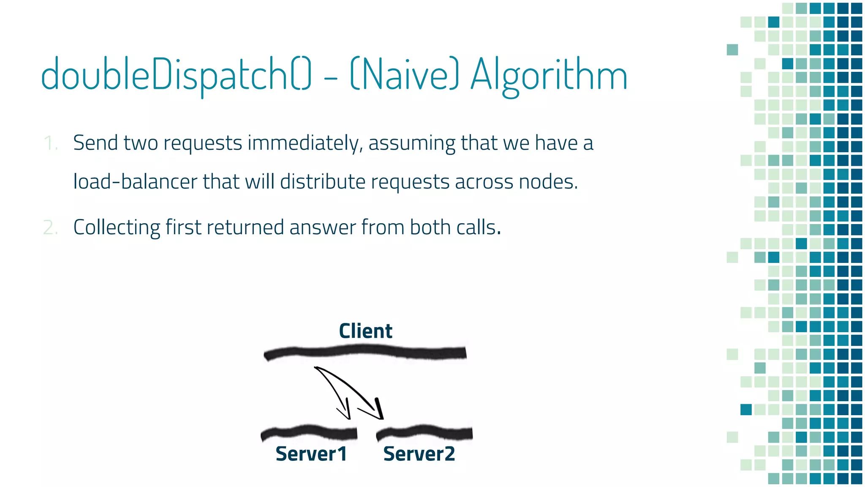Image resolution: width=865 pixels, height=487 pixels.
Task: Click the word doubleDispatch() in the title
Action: click(176, 75)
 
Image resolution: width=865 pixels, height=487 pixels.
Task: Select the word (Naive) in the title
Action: click(404, 75)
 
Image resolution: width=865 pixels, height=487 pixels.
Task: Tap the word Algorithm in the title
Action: click(549, 75)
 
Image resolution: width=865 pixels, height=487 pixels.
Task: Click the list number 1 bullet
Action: click(50, 143)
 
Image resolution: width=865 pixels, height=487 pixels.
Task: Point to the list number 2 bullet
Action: click(50, 228)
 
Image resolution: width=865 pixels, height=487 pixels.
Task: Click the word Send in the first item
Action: click(95, 143)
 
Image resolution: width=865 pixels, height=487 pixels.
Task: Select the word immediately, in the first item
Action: click(305, 143)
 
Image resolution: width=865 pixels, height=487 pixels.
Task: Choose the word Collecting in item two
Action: click(117, 227)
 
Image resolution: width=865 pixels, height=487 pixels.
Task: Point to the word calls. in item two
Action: click(479, 227)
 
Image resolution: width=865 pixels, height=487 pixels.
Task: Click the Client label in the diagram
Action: click(365, 331)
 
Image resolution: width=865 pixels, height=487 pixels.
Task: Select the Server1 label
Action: click(311, 454)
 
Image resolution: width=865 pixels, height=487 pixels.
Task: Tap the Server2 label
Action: click(419, 454)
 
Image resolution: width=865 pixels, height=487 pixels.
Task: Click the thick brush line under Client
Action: click(365, 352)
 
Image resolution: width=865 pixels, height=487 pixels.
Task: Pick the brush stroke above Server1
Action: click(309, 432)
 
